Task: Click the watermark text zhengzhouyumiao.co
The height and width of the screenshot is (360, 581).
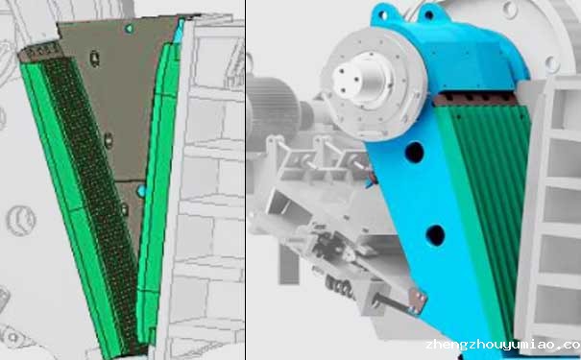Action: (503, 346)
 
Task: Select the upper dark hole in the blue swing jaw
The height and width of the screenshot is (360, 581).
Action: (414, 152)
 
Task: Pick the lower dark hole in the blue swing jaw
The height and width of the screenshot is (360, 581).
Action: (435, 235)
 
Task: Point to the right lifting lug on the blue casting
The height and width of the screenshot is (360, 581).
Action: (430, 14)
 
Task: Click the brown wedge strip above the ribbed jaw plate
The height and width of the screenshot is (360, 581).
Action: (474, 99)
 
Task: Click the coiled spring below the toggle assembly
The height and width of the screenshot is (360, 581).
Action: (340, 285)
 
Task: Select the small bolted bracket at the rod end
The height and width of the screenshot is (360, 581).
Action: (418, 300)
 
